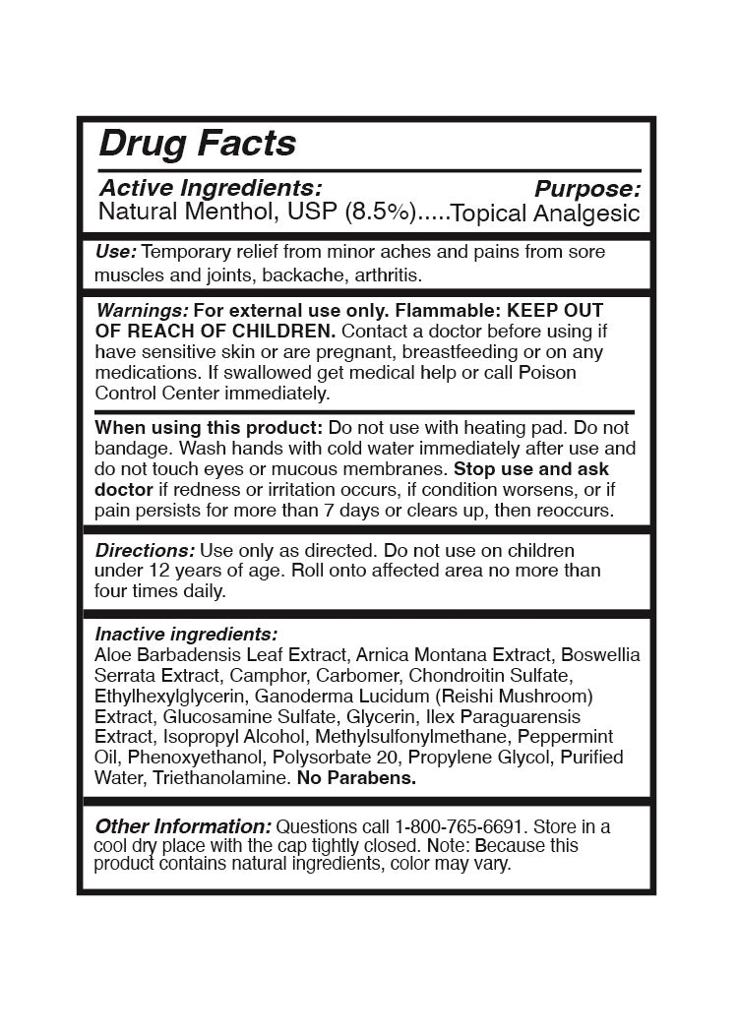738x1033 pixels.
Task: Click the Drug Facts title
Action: (197, 144)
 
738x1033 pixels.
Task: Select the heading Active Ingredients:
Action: (211, 187)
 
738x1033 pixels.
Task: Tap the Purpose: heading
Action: (587, 189)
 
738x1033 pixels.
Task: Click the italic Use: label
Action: (116, 252)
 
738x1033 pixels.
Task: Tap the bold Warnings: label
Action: (136, 310)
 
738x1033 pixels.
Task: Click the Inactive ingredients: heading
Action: (186, 634)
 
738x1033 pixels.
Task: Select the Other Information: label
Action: (182, 826)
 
